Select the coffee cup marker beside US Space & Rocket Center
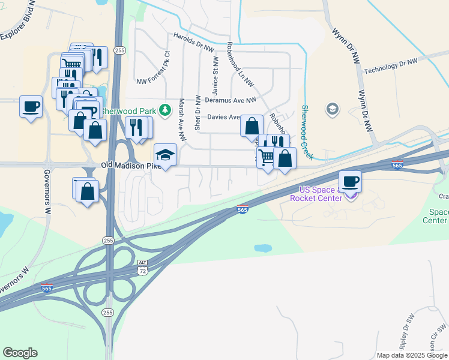click(351, 181)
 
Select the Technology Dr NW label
click(390, 66)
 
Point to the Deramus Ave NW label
click(231, 100)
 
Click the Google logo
click(20, 352)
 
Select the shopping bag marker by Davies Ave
click(252, 126)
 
